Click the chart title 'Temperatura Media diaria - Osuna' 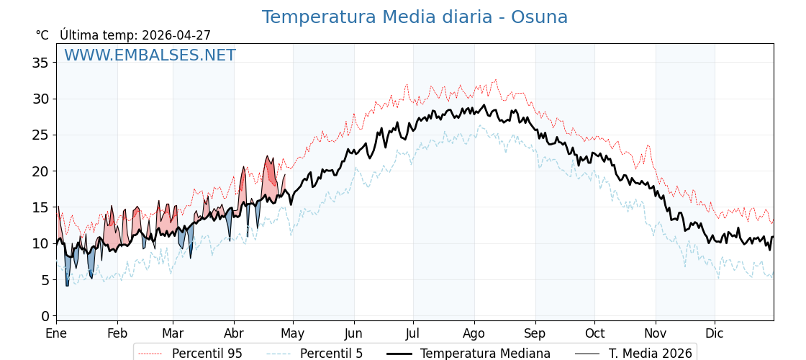click(415, 17)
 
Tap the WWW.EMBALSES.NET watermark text click(150, 55)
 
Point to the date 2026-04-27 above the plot click(176, 35)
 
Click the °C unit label click(42, 35)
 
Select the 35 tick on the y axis click(40, 63)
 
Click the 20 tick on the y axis click(40, 171)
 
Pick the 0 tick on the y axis click(45, 316)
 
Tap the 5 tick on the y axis click(45, 280)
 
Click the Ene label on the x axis click(56, 333)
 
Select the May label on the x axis click(293, 333)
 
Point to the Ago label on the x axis click(474, 333)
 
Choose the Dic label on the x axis click(715, 333)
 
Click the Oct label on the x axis click(594, 333)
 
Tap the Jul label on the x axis click(413, 333)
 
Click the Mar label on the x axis click(173, 333)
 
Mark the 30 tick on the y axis click(40, 99)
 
